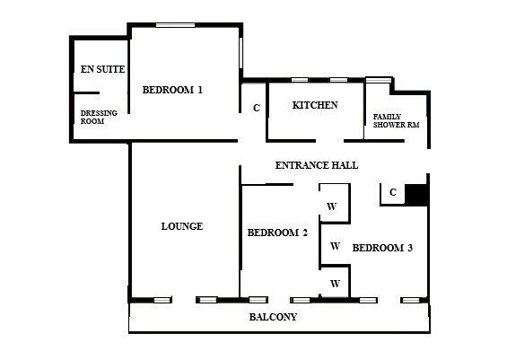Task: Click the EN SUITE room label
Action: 101,69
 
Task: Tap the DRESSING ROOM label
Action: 99,117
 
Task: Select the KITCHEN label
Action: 315,106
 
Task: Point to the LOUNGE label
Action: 181,226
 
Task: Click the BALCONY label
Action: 273,318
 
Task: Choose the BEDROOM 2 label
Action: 277,233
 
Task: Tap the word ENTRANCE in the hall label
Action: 302,166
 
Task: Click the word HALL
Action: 345,166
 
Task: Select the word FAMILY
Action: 388,116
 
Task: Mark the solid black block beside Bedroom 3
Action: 417,194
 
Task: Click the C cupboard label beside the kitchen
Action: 256,109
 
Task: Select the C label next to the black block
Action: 393,192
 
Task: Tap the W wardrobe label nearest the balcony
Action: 335,284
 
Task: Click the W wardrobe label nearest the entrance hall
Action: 331,206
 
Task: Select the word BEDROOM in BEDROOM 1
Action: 168,90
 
